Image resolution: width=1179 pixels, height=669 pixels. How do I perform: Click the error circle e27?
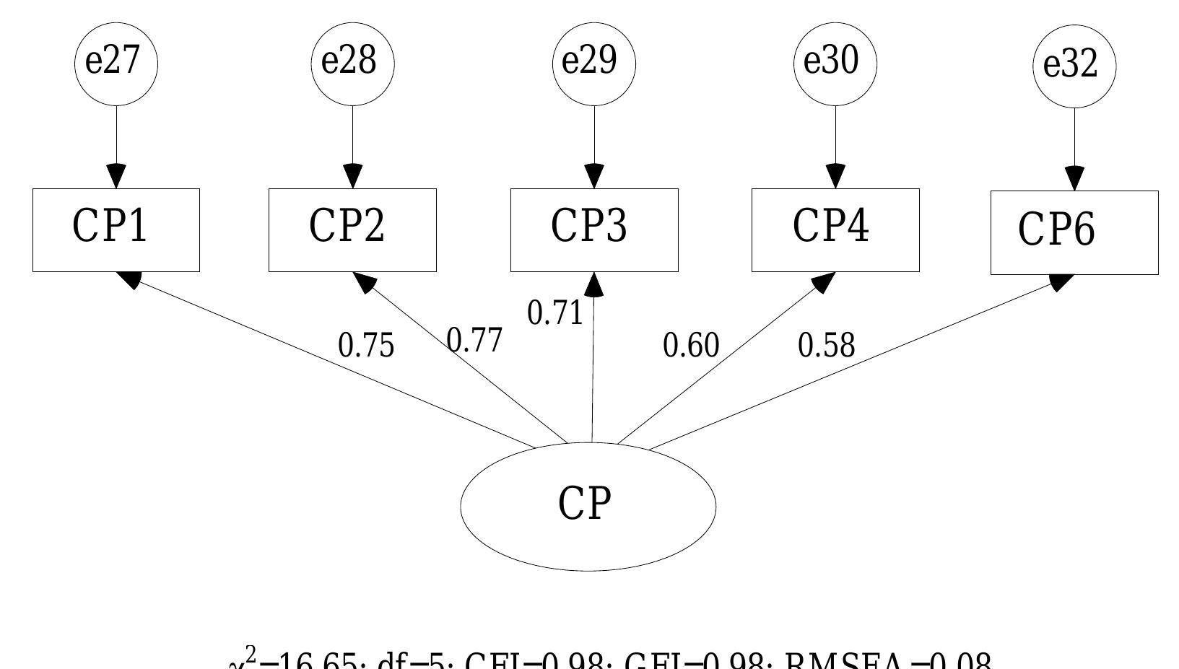click(116, 63)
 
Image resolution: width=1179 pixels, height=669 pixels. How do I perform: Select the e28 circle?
click(352, 63)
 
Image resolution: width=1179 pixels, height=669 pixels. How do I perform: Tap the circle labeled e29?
click(593, 63)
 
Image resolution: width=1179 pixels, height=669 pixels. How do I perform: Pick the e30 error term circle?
click(835, 63)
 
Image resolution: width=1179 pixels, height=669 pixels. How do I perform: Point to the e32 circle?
click(1074, 66)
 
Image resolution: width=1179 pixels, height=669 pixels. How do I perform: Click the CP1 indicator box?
click(116, 230)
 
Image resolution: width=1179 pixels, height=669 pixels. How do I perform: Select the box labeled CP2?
click(352, 230)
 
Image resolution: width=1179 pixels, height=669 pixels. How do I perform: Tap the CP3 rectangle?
click(594, 230)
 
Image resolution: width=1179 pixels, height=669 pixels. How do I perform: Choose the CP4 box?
click(835, 230)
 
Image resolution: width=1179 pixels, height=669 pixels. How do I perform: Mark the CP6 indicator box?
click(1074, 232)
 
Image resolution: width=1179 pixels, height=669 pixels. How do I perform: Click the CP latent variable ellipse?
click(588, 506)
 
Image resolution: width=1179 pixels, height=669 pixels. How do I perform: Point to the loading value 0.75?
click(366, 346)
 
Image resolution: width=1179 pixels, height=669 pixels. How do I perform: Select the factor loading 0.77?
click(474, 339)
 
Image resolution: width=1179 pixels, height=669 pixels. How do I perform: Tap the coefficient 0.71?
click(554, 313)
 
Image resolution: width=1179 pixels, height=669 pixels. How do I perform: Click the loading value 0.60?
click(691, 346)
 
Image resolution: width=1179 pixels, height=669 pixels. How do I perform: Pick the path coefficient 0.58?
click(826, 346)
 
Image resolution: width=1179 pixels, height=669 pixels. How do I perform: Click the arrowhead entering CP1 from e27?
click(116, 177)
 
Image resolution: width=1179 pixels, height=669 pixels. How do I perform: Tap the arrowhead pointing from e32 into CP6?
click(1074, 179)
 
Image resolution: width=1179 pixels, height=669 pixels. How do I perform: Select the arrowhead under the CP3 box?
click(594, 285)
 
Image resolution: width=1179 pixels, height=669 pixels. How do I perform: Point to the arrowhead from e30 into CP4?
click(835, 177)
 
